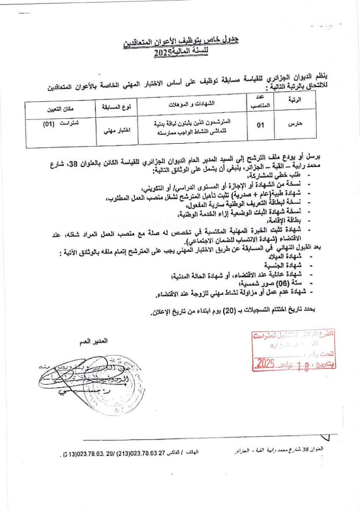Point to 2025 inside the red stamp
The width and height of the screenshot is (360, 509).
click(269, 363)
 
